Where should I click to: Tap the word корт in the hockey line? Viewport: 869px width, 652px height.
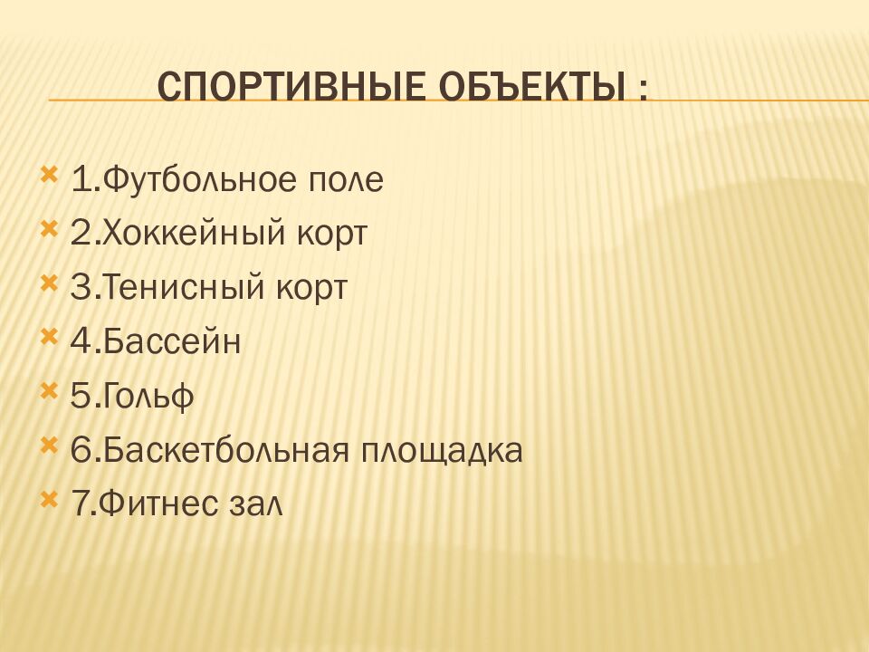pyautogui.click(x=330, y=235)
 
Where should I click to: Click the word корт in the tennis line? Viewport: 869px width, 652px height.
pyautogui.click(x=310, y=289)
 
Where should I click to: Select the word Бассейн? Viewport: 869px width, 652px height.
pyautogui.click(x=172, y=343)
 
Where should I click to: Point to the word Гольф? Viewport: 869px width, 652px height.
pyautogui.click(x=148, y=398)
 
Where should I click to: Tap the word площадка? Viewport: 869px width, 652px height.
pyautogui.click(x=443, y=451)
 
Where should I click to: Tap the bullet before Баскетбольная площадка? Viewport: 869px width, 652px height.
pyautogui.click(x=49, y=445)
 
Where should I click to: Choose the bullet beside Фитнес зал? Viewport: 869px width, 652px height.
pyautogui.click(x=49, y=498)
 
